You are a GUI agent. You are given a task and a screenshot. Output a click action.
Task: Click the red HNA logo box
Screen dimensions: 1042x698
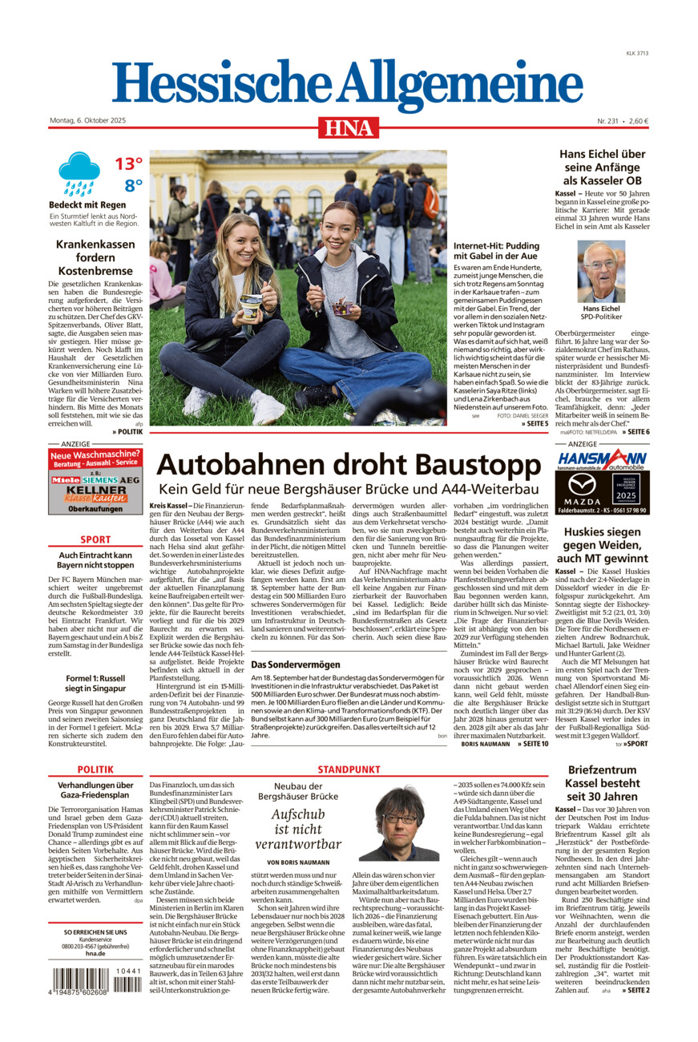click(349, 127)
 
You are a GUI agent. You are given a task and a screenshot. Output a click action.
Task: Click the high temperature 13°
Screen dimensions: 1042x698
click(127, 164)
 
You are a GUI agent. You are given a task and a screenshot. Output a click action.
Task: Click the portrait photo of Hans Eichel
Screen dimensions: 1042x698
click(601, 272)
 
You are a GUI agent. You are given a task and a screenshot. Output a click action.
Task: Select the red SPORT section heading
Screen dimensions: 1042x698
click(95, 540)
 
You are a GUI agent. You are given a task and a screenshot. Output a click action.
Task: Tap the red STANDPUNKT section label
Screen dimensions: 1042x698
click(349, 769)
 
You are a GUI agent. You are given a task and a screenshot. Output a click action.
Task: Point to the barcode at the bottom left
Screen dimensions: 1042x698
click(96, 982)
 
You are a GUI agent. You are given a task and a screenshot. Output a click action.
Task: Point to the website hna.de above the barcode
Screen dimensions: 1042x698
click(95, 953)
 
